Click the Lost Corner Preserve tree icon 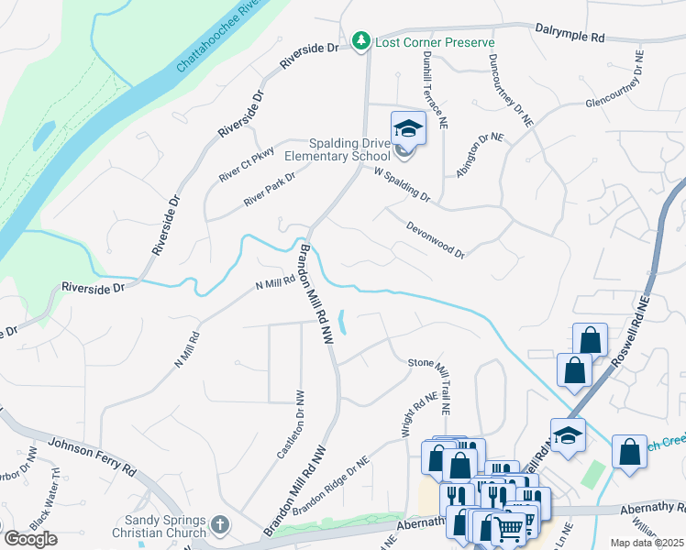(x=363, y=42)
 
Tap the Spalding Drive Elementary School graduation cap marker (x=408, y=128)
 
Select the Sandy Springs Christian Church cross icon (x=218, y=525)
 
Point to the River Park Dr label (x=270, y=190)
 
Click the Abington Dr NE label (x=481, y=150)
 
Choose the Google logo (x=30, y=539)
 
